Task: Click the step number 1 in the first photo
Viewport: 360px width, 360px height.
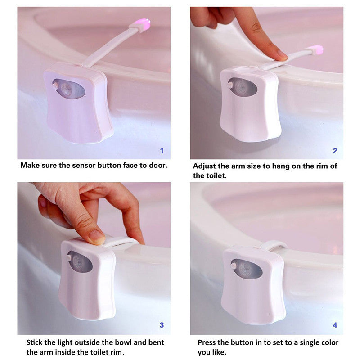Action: tap(162, 151)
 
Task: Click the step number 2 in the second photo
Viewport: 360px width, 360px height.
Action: tap(335, 151)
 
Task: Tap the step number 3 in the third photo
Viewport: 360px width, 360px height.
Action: tap(162, 325)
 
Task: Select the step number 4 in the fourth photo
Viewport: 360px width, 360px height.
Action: tap(335, 325)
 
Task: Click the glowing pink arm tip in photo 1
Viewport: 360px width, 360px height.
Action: tap(143, 25)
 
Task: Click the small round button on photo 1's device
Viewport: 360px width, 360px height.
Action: tap(55, 84)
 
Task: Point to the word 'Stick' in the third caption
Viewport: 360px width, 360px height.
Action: tap(36, 342)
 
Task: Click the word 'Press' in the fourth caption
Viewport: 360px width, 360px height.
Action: tap(208, 342)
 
